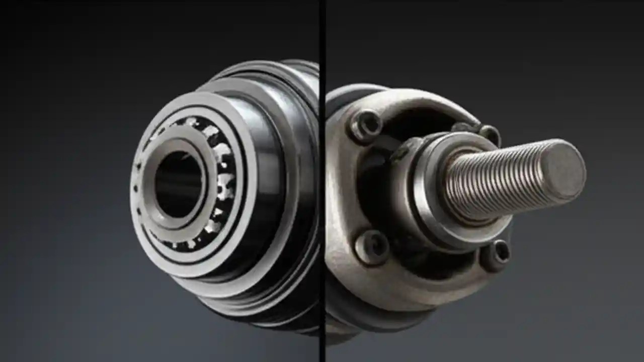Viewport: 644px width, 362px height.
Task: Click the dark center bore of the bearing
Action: pyautogui.click(x=177, y=184)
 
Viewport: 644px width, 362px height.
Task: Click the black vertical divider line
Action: pyautogui.click(x=322, y=181)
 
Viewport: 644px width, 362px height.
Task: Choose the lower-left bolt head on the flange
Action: pyautogui.click(x=372, y=247)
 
